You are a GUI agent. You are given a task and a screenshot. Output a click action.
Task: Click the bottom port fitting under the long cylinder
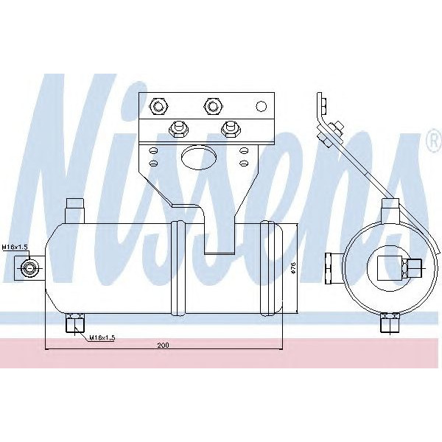click(x=74, y=323)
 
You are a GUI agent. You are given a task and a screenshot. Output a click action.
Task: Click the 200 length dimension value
click(x=164, y=344)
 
